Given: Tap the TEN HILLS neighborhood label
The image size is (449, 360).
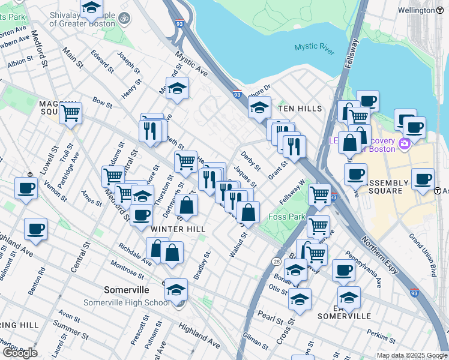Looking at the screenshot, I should coord(300,109).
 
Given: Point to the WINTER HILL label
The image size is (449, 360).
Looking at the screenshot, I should coord(178,229).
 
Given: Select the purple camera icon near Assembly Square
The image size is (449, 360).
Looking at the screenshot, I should coord(404,143).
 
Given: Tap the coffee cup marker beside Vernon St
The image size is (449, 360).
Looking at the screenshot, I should coord(25,187).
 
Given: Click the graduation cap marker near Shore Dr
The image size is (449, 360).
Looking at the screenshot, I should coord(259,108).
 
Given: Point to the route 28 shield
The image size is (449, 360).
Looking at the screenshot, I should coord(276,244).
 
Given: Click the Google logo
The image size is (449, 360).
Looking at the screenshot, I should coord(20,353).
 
